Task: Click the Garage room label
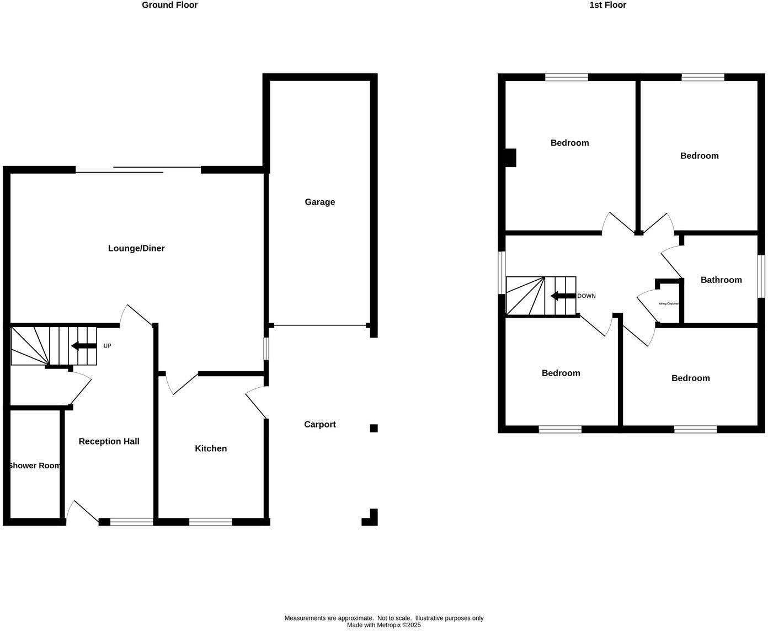(319, 202)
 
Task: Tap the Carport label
(319, 424)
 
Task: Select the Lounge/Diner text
(136, 248)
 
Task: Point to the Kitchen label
(211, 448)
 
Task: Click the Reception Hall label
(109, 441)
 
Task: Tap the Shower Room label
(34, 466)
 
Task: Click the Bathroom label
(721, 280)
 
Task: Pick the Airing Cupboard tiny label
(669, 303)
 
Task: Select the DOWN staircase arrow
(563, 296)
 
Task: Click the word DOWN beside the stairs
(586, 296)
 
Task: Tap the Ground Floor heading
(169, 5)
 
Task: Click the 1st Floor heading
(607, 5)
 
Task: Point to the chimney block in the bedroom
(510, 158)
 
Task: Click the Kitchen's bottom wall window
(210, 522)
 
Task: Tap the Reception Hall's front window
(131, 522)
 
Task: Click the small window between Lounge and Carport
(266, 348)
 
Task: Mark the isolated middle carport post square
(374, 428)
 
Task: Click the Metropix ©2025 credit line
(383, 625)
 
